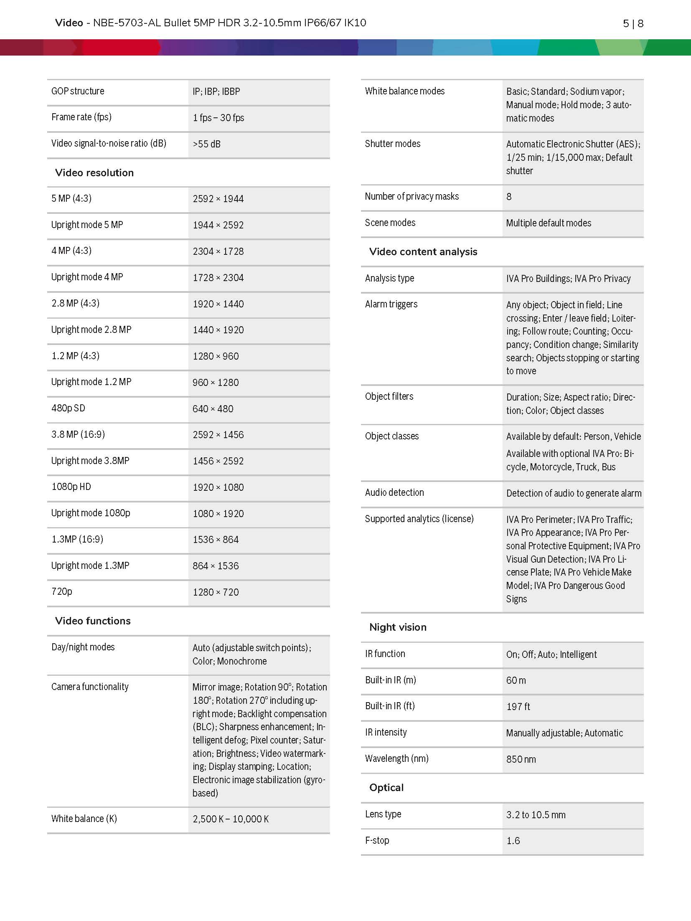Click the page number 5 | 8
click(633, 23)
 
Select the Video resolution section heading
click(94, 173)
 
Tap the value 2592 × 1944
click(218, 199)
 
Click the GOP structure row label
click(78, 91)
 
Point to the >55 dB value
click(206, 144)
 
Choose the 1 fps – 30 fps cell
click(218, 118)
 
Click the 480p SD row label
click(68, 408)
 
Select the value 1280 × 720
click(216, 592)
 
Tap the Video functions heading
click(93, 621)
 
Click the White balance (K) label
click(84, 819)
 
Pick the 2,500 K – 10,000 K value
click(231, 819)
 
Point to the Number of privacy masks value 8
click(509, 197)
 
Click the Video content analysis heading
click(423, 251)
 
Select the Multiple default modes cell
click(549, 223)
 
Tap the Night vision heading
click(398, 627)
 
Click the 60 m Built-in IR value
click(516, 680)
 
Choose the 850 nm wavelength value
click(521, 759)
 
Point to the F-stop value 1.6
click(513, 841)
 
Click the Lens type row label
click(383, 814)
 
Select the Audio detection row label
click(394, 492)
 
